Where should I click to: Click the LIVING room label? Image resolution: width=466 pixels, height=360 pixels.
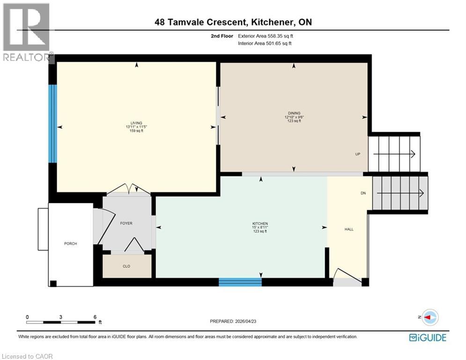(x=137, y=123)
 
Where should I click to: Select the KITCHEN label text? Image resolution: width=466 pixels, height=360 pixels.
(x=259, y=223)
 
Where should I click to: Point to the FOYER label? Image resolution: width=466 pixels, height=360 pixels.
(x=126, y=223)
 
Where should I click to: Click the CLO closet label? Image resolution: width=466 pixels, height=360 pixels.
(x=126, y=266)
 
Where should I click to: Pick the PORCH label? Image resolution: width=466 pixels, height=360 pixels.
(x=71, y=243)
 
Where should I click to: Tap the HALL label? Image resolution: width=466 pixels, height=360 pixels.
(x=349, y=229)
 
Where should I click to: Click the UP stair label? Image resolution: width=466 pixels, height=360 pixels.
(x=357, y=154)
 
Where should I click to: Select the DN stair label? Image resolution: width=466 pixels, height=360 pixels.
(x=363, y=193)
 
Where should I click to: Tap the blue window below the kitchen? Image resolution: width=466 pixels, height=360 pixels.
(x=240, y=282)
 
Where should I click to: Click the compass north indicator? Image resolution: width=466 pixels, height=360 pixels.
(x=430, y=317)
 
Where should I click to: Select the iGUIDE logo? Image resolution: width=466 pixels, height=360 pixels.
(x=427, y=337)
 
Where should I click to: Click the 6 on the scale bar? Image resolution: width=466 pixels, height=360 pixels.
(x=95, y=317)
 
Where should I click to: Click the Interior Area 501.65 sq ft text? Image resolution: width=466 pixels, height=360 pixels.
(x=265, y=44)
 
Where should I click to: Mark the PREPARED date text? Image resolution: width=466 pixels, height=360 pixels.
(x=233, y=321)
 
